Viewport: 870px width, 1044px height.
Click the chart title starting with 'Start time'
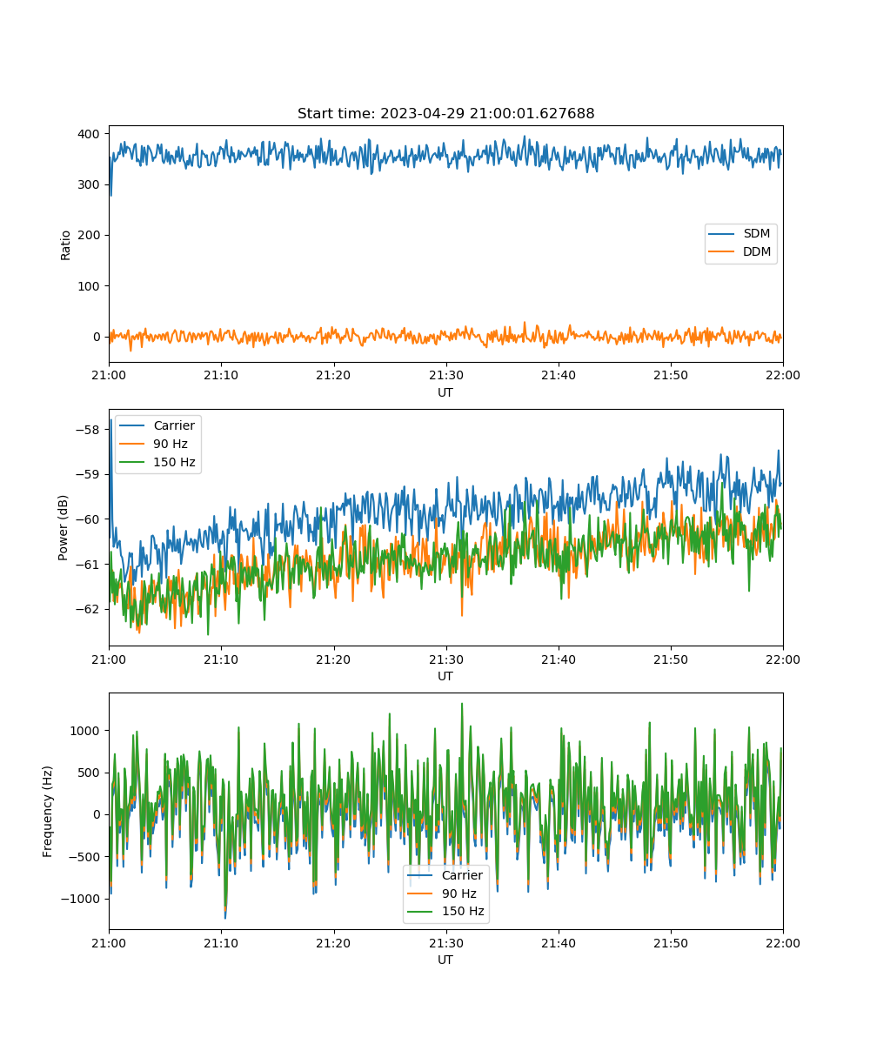[x=445, y=113]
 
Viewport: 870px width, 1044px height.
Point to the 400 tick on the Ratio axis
[x=89, y=134]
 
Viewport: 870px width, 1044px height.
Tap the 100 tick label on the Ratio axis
[x=89, y=286]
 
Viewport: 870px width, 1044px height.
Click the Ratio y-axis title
[x=65, y=245]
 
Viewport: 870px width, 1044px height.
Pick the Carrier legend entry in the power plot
[x=157, y=425]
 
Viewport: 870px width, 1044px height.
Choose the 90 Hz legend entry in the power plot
[x=153, y=444]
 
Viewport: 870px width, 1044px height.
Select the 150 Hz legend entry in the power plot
[x=157, y=462]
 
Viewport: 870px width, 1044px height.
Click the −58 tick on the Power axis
[x=88, y=430]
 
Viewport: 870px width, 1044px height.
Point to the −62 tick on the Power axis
[x=88, y=610]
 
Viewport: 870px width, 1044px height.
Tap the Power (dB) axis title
[x=63, y=527]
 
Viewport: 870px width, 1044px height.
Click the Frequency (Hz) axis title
[x=48, y=812]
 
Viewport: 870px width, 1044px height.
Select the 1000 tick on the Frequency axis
[x=84, y=731]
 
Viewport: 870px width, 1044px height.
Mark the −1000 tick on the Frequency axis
[x=80, y=899]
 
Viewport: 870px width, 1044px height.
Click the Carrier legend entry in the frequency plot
[x=445, y=875]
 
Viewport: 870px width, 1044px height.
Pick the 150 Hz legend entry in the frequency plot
[x=445, y=911]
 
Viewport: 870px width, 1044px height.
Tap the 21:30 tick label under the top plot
[x=446, y=375]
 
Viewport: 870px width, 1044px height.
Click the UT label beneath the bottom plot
[x=445, y=960]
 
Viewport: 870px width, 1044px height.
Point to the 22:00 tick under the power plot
[x=783, y=659]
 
